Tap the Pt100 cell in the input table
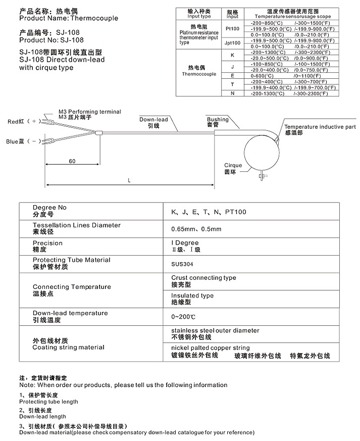[232, 29]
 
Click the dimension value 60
[72, 161]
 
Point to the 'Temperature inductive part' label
[320, 127]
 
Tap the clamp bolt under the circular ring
[262, 176]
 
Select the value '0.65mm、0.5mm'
[196, 229]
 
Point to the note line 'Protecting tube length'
[48, 402]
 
